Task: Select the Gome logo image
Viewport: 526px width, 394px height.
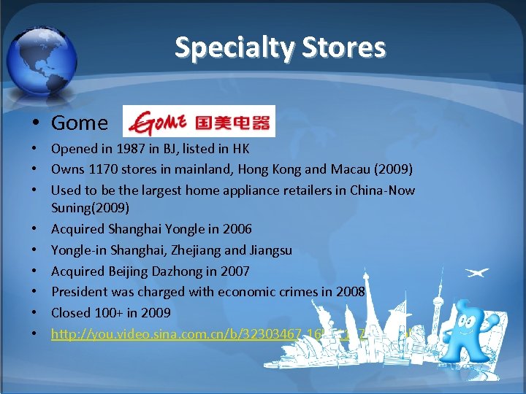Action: click(x=199, y=121)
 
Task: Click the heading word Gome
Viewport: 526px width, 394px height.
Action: click(x=79, y=123)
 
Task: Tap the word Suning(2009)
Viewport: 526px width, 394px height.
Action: click(x=90, y=208)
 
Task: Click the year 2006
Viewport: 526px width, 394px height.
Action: click(x=237, y=229)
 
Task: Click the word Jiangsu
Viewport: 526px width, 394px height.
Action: click(x=270, y=250)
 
